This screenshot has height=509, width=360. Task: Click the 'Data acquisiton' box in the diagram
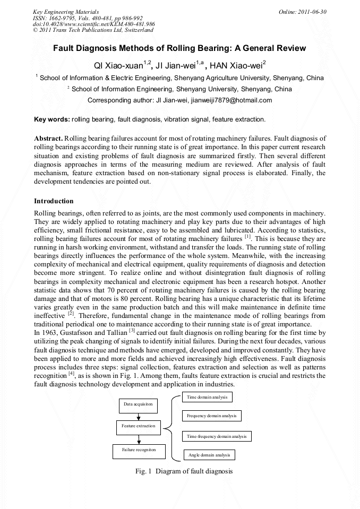[x=138, y=404]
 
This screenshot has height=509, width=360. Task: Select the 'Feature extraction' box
[x=138, y=426]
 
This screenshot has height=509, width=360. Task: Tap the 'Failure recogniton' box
[x=138, y=450]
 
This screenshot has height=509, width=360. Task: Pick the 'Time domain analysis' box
[x=207, y=396]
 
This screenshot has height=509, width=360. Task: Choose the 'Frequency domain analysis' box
[x=212, y=416]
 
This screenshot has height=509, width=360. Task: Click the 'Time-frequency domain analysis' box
[x=217, y=436]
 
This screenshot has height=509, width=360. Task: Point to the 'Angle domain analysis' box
[x=209, y=455]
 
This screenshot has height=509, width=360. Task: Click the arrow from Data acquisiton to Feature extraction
[x=138, y=416]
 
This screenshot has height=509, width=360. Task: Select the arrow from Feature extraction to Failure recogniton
[x=138, y=438]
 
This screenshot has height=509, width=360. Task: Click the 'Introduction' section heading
[x=54, y=201]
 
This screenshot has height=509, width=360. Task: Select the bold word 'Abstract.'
[x=48, y=138]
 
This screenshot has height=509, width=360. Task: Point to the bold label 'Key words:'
[x=52, y=119]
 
